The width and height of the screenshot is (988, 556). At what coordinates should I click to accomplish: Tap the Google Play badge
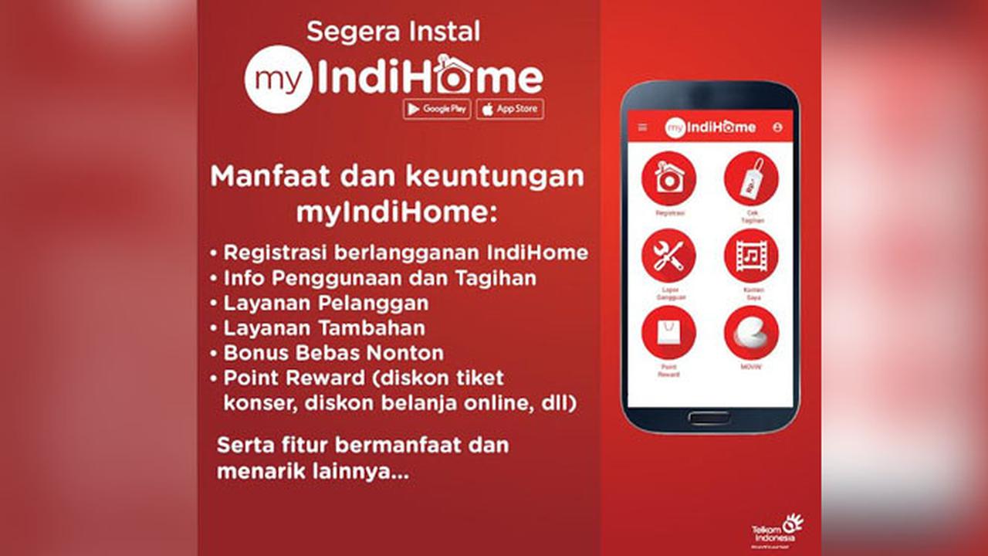436,109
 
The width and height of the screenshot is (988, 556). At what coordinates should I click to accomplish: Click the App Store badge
509,109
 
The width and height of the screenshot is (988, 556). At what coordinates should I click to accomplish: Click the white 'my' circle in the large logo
278,80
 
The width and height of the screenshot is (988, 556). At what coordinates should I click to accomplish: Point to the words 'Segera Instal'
393,32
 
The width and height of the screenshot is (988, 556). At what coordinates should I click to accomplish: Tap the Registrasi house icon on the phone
668,178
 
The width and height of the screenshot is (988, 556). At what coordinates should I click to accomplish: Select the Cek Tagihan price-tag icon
751,178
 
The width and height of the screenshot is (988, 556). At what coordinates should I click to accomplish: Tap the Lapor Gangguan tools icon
668,256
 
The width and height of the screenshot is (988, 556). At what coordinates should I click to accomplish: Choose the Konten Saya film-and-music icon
751,256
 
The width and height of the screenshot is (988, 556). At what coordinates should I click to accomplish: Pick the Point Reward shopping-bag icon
668,332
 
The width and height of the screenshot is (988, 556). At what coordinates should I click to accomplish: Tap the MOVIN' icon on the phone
751,332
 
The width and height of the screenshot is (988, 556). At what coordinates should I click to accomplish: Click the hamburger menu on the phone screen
643,127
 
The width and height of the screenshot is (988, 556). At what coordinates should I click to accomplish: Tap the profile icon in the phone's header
777,127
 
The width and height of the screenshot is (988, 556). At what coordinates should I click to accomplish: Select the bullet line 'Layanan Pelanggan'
325,303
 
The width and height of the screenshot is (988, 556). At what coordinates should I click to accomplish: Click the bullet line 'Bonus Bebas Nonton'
333,353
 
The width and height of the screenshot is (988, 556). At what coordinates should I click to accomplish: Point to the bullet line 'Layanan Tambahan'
323,327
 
